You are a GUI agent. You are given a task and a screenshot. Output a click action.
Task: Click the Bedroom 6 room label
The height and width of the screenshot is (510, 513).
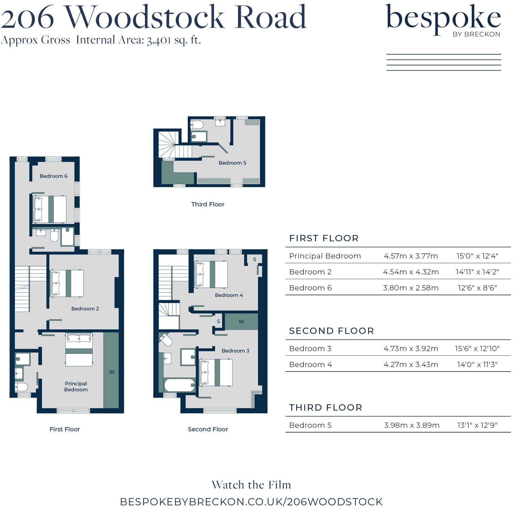coord(53,176)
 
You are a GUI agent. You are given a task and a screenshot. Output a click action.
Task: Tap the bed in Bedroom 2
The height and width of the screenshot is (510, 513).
coord(67,283)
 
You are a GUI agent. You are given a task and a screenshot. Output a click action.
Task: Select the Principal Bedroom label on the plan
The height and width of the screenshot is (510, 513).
coord(76,387)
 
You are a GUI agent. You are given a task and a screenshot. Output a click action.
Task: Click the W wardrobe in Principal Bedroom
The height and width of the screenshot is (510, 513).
coord(112,372)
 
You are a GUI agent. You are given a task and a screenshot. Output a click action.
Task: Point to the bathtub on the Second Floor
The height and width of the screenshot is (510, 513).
coord(180,385)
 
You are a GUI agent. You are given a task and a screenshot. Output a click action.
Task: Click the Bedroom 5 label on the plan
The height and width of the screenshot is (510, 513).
coord(232,163)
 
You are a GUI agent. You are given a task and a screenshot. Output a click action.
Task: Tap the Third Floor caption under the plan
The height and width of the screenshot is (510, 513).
coord(208,204)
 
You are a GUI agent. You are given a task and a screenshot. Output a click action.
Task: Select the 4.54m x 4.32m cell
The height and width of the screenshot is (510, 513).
coord(411,272)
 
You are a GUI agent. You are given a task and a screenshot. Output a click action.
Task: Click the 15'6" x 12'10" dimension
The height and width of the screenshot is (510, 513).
coord(477,348)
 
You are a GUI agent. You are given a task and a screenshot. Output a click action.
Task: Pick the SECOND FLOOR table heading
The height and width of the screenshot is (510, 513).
coord(331,331)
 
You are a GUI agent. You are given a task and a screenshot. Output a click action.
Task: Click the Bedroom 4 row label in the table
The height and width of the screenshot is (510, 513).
coord(310,365)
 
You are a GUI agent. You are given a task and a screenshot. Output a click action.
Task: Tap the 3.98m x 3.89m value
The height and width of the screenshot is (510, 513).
coord(411,425)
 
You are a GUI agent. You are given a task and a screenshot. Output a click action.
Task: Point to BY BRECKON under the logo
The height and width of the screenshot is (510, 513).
coord(476,34)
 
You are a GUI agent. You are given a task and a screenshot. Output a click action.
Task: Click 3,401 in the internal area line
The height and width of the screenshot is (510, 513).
coord(159,40)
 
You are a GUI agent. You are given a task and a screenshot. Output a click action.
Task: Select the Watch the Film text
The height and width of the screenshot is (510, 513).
coord(251,485)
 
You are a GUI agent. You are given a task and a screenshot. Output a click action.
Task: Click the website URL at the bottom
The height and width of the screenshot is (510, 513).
coord(251,502)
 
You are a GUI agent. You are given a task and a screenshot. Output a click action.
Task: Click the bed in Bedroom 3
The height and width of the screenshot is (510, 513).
coord(216,372)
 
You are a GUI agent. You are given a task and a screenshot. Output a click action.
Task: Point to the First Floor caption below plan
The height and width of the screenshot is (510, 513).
coord(65,429)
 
